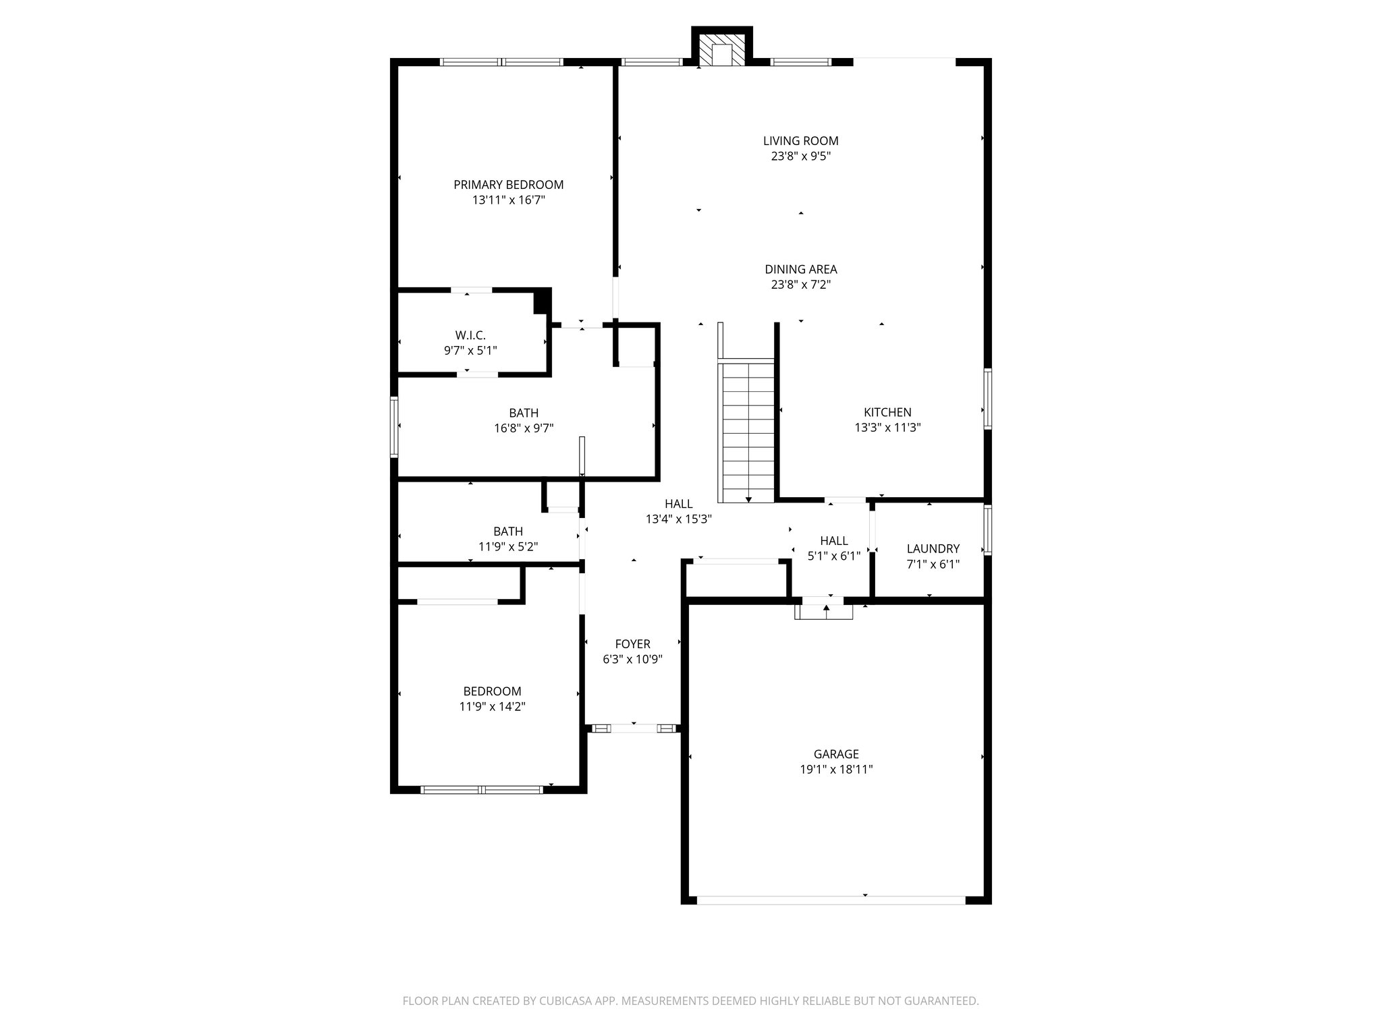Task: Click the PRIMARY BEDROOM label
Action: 508,185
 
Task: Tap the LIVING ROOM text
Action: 800,141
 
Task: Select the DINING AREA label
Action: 800,270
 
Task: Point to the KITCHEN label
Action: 887,412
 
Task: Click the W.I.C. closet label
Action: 470,335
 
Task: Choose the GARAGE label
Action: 836,754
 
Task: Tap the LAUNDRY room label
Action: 933,549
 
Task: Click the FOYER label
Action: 632,644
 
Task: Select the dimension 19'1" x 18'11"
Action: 836,770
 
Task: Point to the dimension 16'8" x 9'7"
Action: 524,428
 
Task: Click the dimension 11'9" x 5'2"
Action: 508,547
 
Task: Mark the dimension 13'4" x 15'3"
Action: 679,519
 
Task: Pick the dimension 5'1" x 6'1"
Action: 834,556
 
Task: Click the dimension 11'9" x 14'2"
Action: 492,707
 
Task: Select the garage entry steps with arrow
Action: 824,611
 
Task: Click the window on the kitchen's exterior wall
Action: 987,399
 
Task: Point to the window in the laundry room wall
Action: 987,530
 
